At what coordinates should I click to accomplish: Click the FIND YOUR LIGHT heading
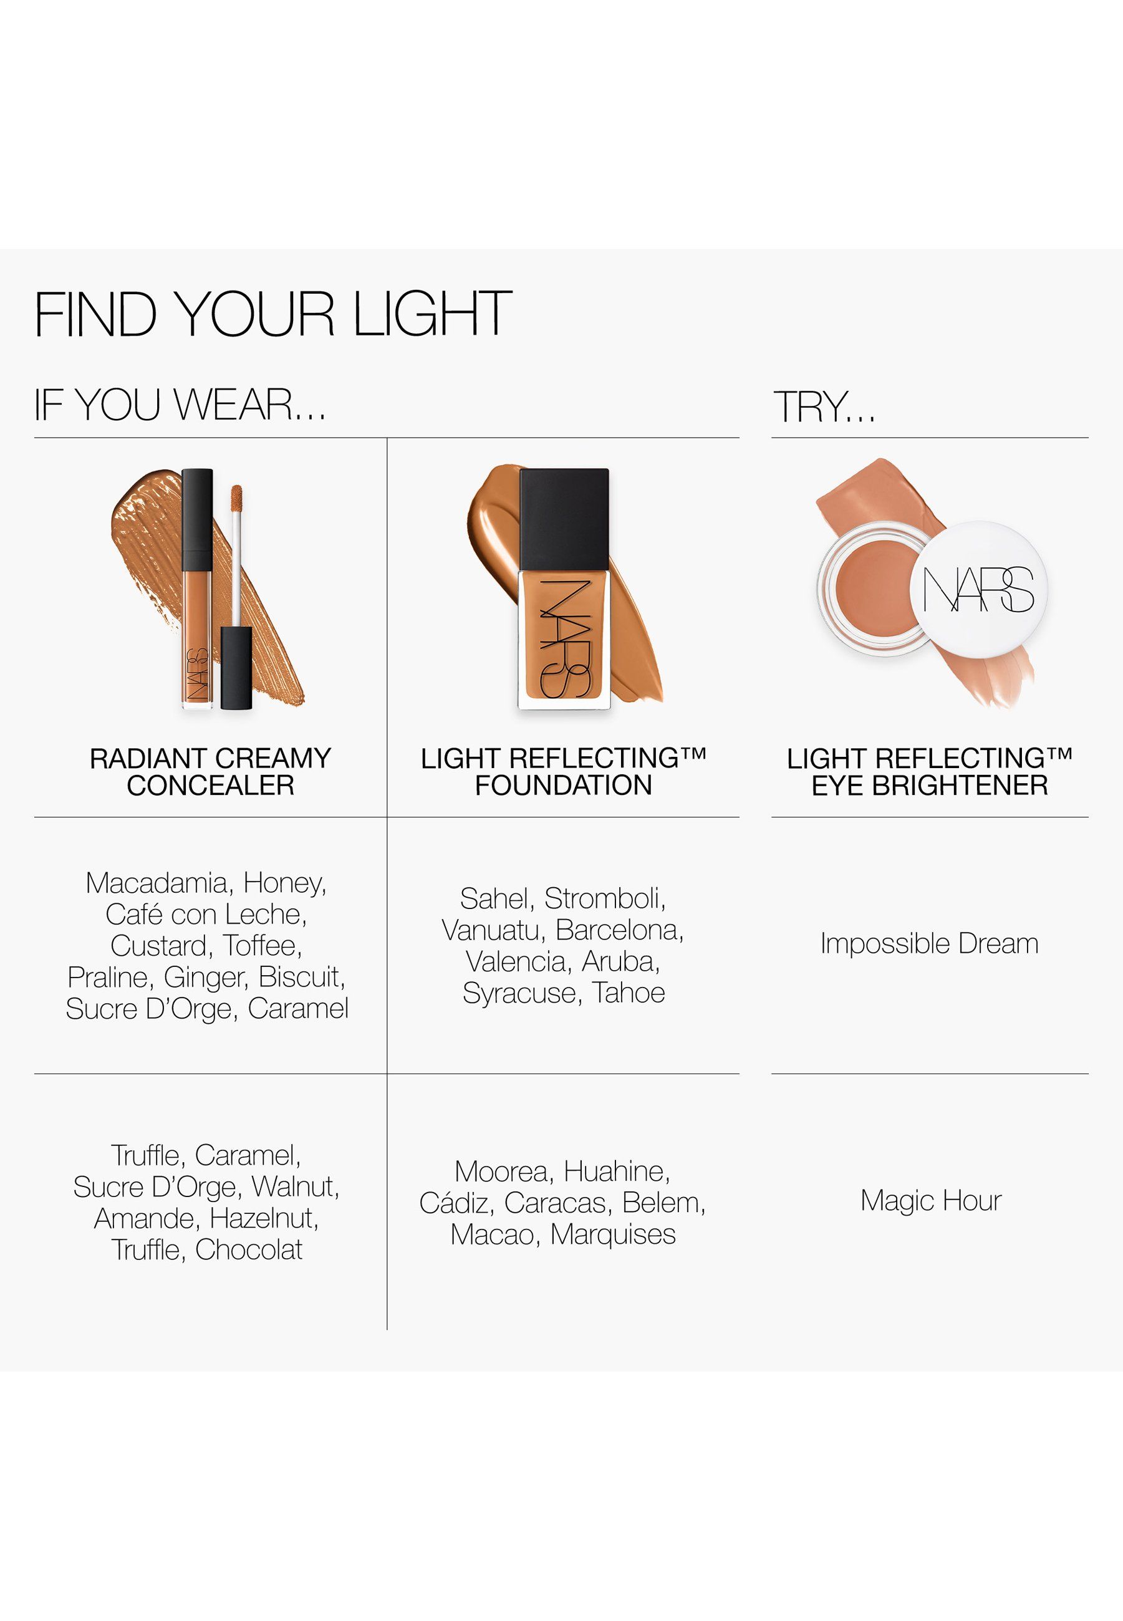click(x=273, y=314)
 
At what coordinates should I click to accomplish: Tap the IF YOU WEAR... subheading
click(x=180, y=405)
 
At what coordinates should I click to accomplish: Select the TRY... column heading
click(x=825, y=406)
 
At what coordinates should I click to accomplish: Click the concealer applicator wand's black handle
click(x=236, y=668)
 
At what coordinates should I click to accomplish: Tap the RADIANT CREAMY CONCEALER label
click(x=210, y=772)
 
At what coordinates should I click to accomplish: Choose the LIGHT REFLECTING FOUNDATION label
click(x=564, y=772)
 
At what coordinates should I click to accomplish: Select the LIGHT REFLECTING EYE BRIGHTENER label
click(x=930, y=772)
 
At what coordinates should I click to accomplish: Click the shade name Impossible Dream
click(x=930, y=944)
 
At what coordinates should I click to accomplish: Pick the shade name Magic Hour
click(x=931, y=1201)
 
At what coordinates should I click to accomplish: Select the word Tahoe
click(x=629, y=993)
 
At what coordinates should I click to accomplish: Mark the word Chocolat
click(x=249, y=1249)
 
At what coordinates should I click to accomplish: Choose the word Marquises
click(x=613, y=1234)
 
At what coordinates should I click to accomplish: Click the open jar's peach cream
click(x=870, y=587)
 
